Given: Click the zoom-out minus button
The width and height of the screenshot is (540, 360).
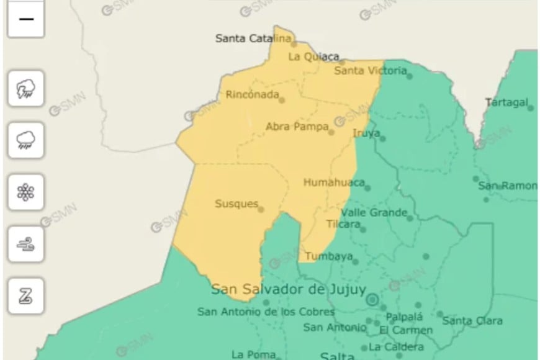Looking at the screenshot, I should [26, 19].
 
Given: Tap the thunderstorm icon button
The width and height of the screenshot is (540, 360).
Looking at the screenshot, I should [26, 89].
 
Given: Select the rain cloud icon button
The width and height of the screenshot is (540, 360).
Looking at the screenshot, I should [26, 140].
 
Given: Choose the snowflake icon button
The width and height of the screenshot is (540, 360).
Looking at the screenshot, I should [26, 192].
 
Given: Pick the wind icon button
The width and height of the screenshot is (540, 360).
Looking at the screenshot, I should [26, 244].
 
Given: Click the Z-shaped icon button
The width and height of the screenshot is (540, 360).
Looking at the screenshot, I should [26, 295].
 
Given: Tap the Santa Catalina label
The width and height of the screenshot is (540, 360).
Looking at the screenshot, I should [253, 38].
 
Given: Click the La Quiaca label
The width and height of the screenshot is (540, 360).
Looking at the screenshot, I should [313, 56].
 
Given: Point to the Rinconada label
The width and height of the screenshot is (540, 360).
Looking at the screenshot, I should [251, 95].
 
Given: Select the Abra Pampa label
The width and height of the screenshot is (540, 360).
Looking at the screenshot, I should [297, 127].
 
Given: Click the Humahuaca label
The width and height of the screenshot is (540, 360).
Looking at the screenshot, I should [332, 182].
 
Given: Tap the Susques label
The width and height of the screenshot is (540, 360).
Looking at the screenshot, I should [236, 204].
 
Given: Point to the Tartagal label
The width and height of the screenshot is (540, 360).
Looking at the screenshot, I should [506, 102].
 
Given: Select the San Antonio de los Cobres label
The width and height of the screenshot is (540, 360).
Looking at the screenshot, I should [266, 312].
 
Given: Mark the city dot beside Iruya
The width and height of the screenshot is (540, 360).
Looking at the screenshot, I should [383, 138].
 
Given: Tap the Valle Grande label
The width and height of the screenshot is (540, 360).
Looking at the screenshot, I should [374, 212].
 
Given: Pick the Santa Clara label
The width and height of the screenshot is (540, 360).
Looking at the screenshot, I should [472, 321].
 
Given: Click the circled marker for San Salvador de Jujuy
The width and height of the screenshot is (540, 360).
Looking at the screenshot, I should [372, 300].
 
